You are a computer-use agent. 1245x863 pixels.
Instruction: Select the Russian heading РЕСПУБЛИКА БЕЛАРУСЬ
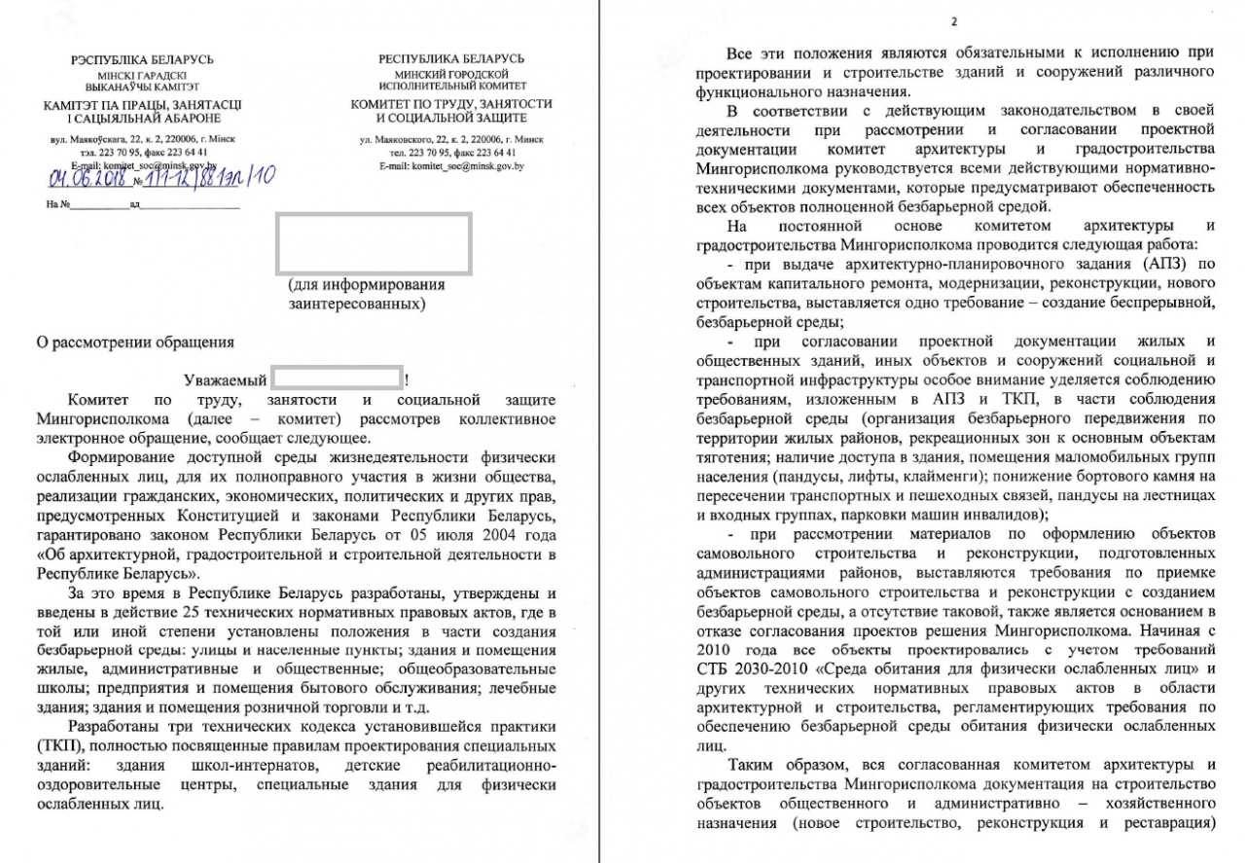pos(451,59)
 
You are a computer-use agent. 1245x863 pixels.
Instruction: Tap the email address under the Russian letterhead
pos(452,166)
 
